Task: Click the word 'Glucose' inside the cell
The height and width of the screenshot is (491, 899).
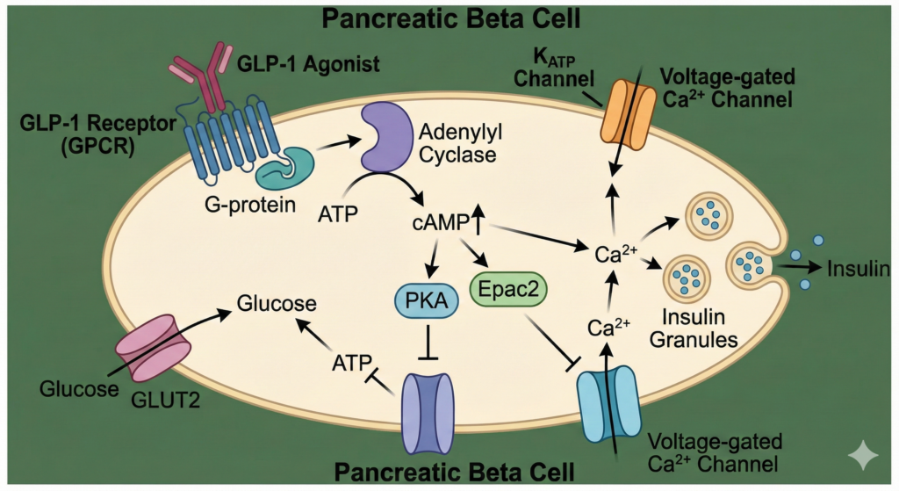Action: [x=276, y=305]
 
